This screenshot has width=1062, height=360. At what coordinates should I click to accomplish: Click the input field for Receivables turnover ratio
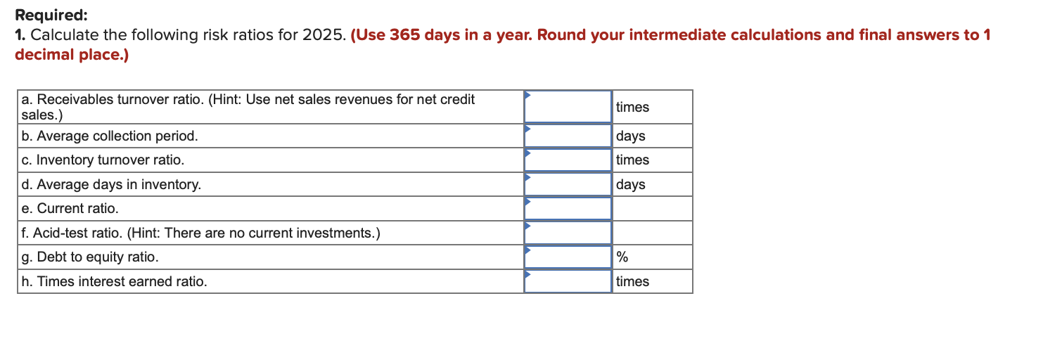click(568, 108)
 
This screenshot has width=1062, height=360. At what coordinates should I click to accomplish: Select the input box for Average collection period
click(568, 136)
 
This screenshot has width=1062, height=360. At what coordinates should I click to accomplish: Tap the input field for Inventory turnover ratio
click(568, 160)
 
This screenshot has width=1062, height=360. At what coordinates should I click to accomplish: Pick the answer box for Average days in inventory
click(568, 184)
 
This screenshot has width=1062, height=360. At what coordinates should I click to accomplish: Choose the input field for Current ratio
click(568, 208)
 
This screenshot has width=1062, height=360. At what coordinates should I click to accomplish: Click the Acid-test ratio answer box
click(568, 233)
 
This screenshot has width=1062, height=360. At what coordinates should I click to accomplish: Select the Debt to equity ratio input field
click(568, 257)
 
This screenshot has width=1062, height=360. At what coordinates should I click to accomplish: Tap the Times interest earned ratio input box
click(568, 281)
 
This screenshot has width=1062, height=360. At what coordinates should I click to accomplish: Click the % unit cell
click(622, 257)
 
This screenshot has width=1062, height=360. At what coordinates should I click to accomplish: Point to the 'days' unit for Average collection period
click(630, 136)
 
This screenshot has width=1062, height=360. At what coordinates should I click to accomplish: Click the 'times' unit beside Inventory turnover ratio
click(632, 160)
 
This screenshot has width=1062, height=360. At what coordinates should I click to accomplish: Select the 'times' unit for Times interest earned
click(632, 281)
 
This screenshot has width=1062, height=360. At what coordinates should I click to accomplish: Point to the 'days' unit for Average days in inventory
click(630, 184)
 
